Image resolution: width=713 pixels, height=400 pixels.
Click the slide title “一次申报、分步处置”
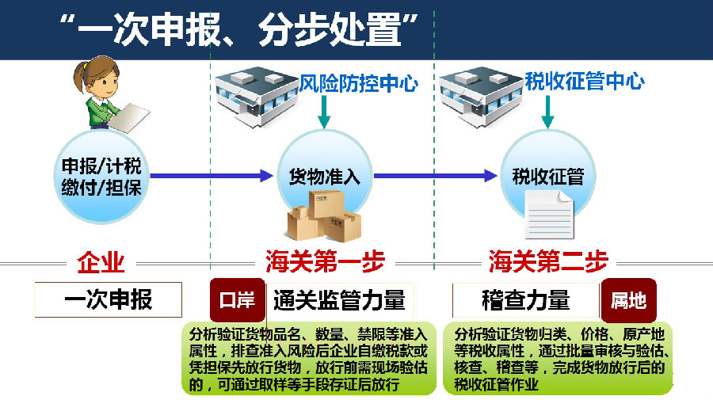238,29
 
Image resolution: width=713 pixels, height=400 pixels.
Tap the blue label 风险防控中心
358,83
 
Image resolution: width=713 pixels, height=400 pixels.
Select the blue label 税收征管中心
585,82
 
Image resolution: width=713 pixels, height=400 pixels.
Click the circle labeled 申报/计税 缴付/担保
101,177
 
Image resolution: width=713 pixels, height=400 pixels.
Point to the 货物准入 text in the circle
324,177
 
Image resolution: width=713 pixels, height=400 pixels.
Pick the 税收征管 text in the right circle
548,177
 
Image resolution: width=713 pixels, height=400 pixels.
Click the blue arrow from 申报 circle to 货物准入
212,176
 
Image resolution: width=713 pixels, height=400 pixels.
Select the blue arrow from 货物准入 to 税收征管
435,176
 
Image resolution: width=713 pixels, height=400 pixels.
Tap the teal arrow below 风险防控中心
324,112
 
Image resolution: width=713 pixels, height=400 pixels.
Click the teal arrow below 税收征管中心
547,112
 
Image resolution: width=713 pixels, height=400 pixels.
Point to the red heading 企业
101,263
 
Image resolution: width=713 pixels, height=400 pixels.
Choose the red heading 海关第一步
325,262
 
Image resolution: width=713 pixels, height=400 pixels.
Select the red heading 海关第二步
548,262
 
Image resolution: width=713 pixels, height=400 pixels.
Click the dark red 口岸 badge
238,300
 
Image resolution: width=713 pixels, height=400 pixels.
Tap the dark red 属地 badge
628,300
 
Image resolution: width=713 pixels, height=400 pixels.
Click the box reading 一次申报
109,299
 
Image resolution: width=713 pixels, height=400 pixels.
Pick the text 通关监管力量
339,300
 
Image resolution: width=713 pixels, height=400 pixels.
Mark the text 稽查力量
526,300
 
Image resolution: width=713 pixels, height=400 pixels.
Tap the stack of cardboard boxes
324,216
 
